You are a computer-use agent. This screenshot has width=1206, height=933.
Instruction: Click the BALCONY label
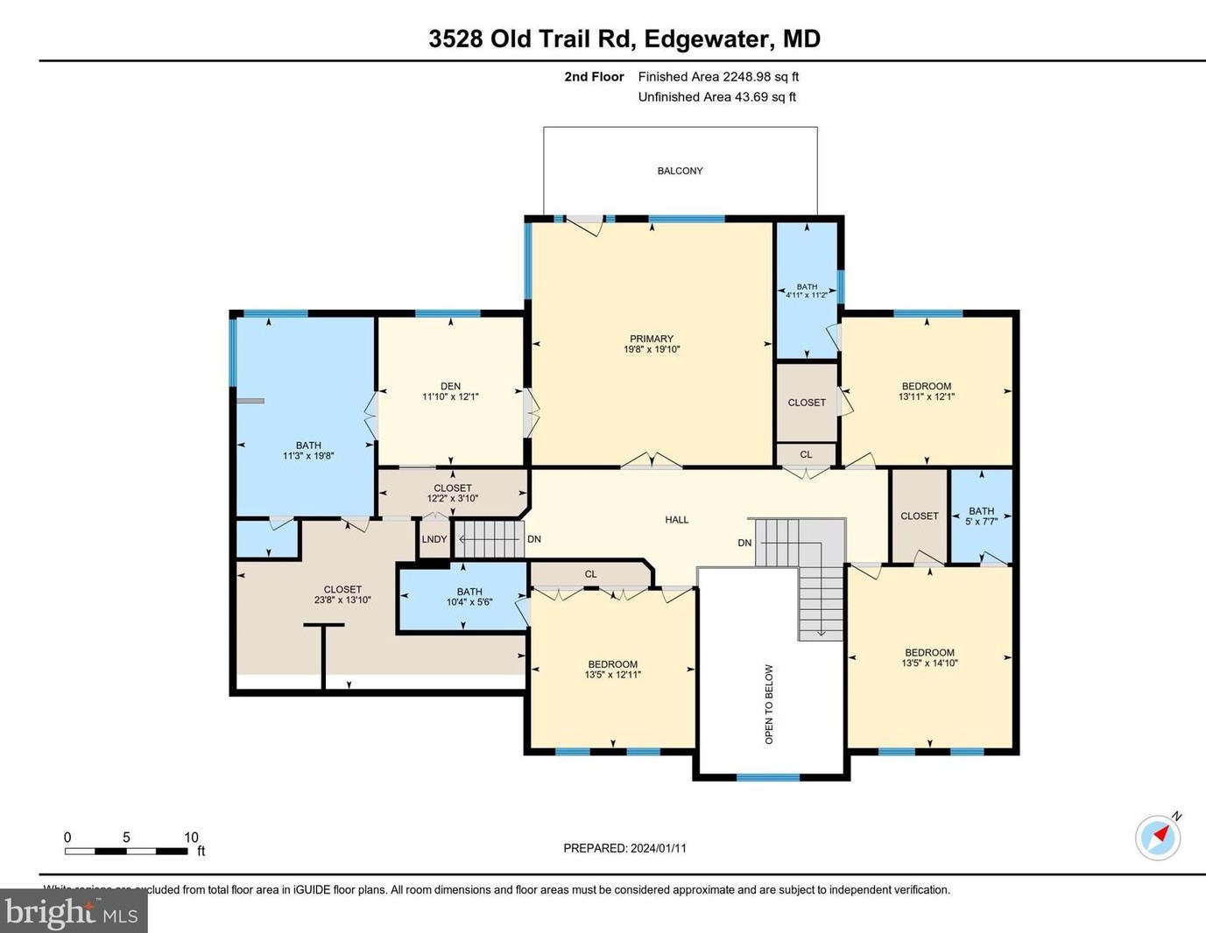(680, 171)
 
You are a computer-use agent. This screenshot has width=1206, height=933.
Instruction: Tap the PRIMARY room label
(651, 339)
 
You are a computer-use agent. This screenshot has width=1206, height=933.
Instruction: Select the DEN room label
(450, 386)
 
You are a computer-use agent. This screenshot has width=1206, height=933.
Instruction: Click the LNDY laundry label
(434, 539)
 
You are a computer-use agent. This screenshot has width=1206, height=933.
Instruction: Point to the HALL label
(676, 520)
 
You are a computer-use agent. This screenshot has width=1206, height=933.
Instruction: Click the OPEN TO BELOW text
(769, 704)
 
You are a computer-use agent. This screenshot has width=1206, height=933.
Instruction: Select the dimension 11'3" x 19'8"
(308, 456)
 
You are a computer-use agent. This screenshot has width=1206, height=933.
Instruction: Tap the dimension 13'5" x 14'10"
(929, 663)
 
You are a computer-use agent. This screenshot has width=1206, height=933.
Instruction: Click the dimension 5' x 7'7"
(981, 522)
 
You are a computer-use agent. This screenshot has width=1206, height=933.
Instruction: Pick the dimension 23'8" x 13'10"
(342, 600)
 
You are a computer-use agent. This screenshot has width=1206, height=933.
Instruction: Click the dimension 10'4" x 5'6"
(469, 602)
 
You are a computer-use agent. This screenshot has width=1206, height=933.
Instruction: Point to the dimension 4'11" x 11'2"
(807, 295)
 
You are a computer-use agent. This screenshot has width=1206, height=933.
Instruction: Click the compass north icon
(1158, 837)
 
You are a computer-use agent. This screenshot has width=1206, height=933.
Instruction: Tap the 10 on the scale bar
(191, 838)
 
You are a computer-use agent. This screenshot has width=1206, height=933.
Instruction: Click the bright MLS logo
(70, 912)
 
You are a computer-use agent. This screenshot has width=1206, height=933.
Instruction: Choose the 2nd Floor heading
(594, 77)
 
